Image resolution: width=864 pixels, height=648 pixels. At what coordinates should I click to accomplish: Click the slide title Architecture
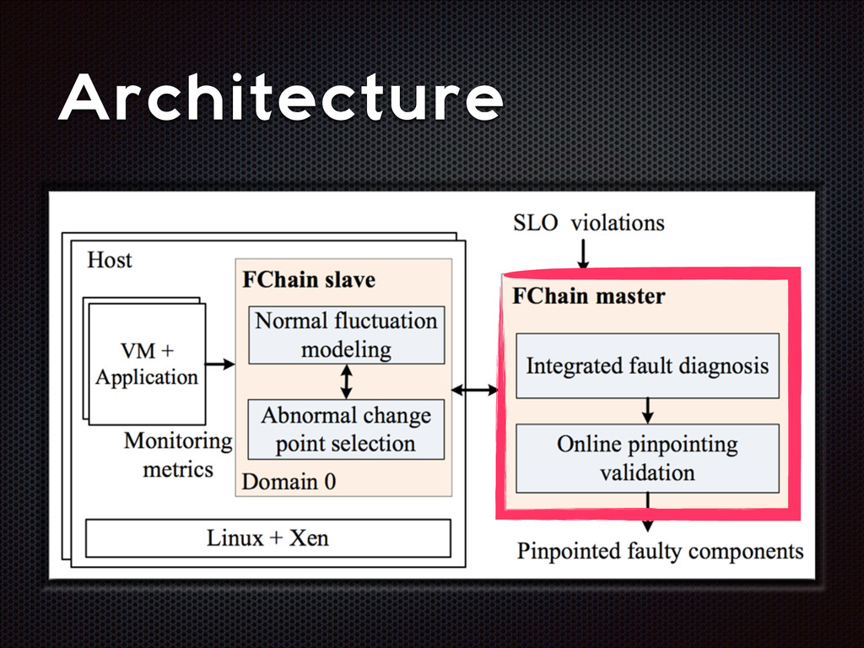coord(280,99)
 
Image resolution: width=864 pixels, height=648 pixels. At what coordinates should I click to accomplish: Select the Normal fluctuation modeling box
coord(346,334)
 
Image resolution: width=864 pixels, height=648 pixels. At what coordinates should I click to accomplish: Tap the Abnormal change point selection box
coord(346,429)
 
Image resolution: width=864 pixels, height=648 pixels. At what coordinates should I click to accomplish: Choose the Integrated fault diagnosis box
coord(647,365)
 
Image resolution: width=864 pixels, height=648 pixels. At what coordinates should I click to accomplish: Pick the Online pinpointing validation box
coord(647,458)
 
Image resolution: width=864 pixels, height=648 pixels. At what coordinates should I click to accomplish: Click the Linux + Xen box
coord(267,537)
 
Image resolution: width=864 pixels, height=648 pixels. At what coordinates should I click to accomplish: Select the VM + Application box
coord(147,363)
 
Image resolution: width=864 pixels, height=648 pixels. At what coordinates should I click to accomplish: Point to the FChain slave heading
coord(309,279)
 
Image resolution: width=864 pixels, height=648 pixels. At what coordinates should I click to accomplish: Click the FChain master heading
coord(588,296)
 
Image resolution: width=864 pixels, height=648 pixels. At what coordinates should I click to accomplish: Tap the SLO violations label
coord(588,223)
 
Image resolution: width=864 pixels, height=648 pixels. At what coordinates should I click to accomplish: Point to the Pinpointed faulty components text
coord(660,551)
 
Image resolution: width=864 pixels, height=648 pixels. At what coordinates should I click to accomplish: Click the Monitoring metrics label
coord(178,454)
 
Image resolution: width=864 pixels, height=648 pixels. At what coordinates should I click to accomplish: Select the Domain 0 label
coord(289,482)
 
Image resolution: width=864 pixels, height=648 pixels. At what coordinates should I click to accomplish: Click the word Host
coord(110,259)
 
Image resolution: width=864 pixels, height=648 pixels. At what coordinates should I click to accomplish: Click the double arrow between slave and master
coord(475,390)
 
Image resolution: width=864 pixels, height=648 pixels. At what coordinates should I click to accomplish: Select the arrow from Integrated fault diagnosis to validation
coord(647,410)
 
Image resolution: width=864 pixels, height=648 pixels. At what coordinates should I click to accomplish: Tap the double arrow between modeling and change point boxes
coord(346,381)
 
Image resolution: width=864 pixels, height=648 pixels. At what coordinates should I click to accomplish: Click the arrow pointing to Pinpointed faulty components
coord(647,515)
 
